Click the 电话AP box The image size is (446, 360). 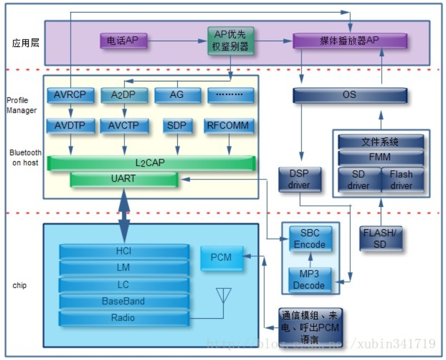pos(123,41)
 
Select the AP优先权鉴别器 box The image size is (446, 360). pos(231,41)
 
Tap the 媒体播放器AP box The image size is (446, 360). pos(350,41)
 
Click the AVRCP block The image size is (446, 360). pos(70,95)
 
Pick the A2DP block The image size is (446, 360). pos(124,95)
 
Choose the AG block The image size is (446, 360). pos(177,95)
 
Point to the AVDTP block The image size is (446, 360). pos(70,126)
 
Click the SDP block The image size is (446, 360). pos(177,126)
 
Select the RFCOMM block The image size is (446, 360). pos(229,126)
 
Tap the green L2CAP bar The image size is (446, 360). pos(151,163)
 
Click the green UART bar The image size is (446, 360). pos(123,179)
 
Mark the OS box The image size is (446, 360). pos(349,95)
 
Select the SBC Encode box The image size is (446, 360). pos(310,239)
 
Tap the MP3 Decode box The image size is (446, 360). pos(310,280)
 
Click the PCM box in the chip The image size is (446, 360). pos(221,258)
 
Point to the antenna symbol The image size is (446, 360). pos(223,296)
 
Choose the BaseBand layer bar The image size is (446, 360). pos(124,301)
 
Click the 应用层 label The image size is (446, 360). pos(26,43)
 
